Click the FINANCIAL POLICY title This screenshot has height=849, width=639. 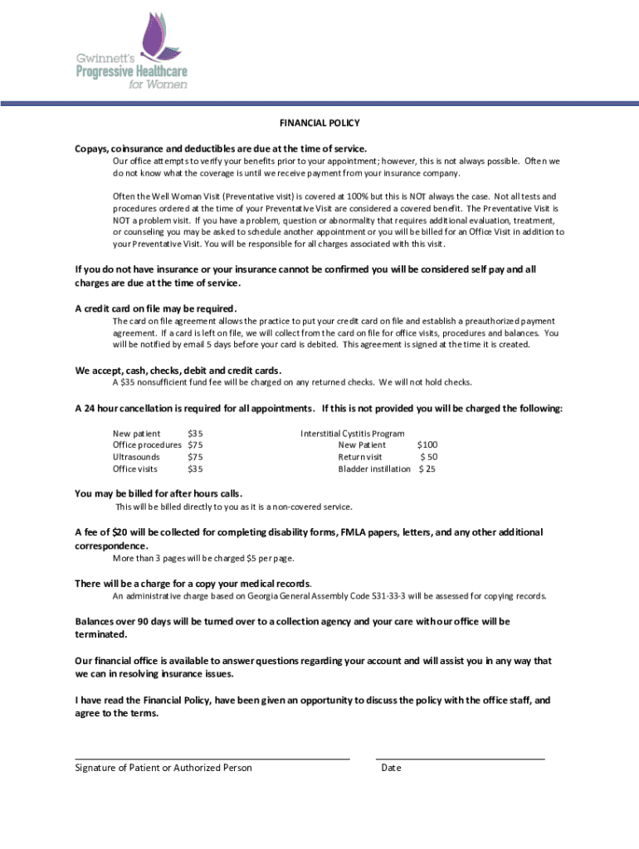(x=319, y=123)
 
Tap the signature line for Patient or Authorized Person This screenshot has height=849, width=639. (x=212, y=758)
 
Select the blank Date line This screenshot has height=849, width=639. (x=460, y=758)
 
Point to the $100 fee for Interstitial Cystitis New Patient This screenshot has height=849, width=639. (x=427, y=445)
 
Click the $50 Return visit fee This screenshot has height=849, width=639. (x=428, y=457)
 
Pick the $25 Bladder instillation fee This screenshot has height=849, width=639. (x=427, y=469)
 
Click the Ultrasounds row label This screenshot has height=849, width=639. (x=136, y=457)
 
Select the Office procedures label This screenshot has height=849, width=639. (x=147, y=445)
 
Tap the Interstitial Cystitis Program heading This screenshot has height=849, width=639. (x=352, y=434)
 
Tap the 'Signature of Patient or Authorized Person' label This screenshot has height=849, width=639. (x=163, y=768)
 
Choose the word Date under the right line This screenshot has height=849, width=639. (x=391, y=768)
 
